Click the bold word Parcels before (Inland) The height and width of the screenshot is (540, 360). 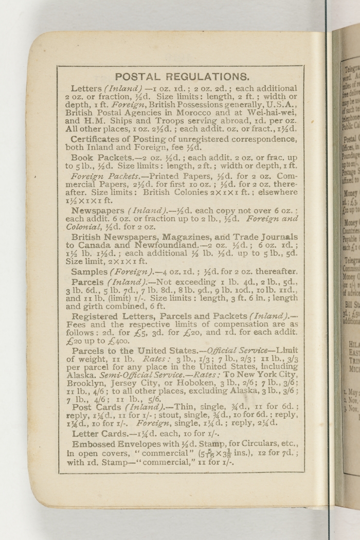88,282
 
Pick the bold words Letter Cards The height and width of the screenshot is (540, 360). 99,434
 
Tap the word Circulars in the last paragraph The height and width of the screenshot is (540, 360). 256,444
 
